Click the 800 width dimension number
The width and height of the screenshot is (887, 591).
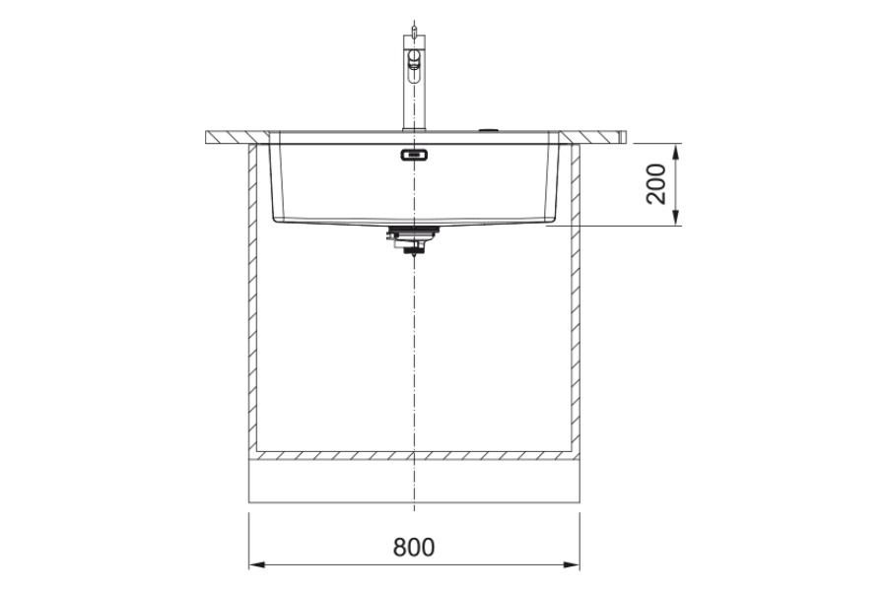pyautogui.click(x=414, y=547)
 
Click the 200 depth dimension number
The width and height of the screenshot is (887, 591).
pyautogui.click(x=656, y=184)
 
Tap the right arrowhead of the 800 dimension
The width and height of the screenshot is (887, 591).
pyautogui.click(x=572, y=563)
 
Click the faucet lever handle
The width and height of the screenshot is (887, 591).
pyautogui.click(x=414, y=62)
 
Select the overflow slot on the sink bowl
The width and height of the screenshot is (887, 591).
pyautogui.click(x=414, y=155)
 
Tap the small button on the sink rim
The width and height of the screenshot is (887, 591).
pyautogui.click(x=487, y=129)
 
